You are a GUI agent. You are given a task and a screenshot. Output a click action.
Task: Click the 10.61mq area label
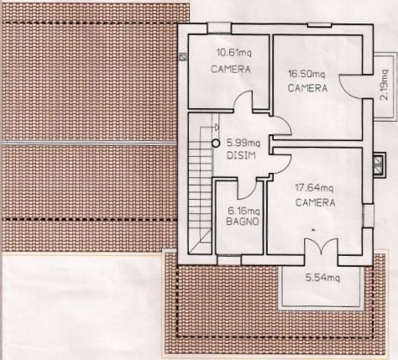(234, 52)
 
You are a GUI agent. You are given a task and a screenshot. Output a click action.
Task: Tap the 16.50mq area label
(306, 74)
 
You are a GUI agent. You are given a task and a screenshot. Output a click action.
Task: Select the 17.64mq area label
(314, 187)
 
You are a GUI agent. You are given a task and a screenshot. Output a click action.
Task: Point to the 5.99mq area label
(244, 143)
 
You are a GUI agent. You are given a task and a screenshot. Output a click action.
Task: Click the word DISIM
(241, 155)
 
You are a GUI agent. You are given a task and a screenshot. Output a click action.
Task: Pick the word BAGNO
(243, 222)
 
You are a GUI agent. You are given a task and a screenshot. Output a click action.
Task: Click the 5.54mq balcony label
(322, 278)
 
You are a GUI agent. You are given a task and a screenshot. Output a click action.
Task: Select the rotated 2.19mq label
(385, 85)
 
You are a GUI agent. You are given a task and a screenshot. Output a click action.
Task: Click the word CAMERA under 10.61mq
(231, 69)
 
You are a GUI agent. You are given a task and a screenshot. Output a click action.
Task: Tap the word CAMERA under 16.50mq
(307, 88)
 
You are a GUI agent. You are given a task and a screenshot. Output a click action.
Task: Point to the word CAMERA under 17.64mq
(315, 202)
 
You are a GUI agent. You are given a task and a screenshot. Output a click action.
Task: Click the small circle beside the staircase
(215, 143)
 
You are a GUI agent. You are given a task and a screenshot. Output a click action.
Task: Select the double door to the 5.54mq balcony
(321, 246)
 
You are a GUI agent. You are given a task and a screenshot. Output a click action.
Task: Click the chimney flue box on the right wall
(379, 164)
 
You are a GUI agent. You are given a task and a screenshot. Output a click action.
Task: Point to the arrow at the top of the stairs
(217, 128)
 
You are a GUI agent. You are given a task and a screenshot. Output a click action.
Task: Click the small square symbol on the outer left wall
(183, 57)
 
